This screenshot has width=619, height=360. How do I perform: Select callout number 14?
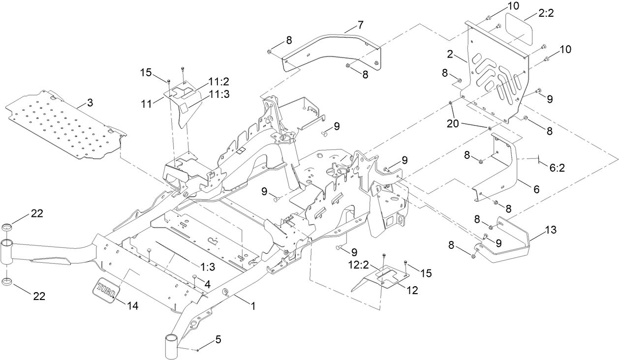coord(131,306)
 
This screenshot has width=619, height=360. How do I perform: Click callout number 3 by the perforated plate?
coord(90,102)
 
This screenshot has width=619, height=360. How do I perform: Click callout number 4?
coord(208,284)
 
